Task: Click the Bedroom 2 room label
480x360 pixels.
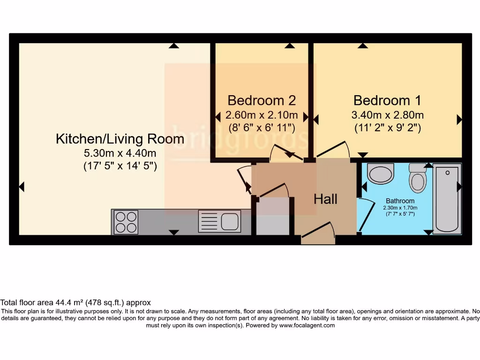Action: click(262, 100)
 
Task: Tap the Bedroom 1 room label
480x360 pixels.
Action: click(387, 100)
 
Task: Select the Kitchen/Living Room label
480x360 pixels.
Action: click(120, 139)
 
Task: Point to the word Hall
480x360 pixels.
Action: click(325, 199)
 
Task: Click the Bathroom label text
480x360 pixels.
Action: click(400, 201)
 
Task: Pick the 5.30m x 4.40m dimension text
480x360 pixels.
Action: click(120, 153)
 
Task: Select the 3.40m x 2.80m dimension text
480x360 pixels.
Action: click(388, 115)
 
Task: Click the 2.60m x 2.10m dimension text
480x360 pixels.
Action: click(262, 115)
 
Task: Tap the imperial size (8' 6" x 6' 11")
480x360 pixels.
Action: click(262, 127)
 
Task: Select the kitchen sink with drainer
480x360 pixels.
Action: click(219, 221)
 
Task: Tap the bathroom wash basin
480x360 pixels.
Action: click(380, 173)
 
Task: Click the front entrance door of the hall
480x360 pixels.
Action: click(318, 234)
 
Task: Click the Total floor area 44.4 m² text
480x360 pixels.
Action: click(75, 303)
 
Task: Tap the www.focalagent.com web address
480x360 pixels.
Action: click(307, 325)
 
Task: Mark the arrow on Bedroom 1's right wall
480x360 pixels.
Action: click(459, 120)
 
